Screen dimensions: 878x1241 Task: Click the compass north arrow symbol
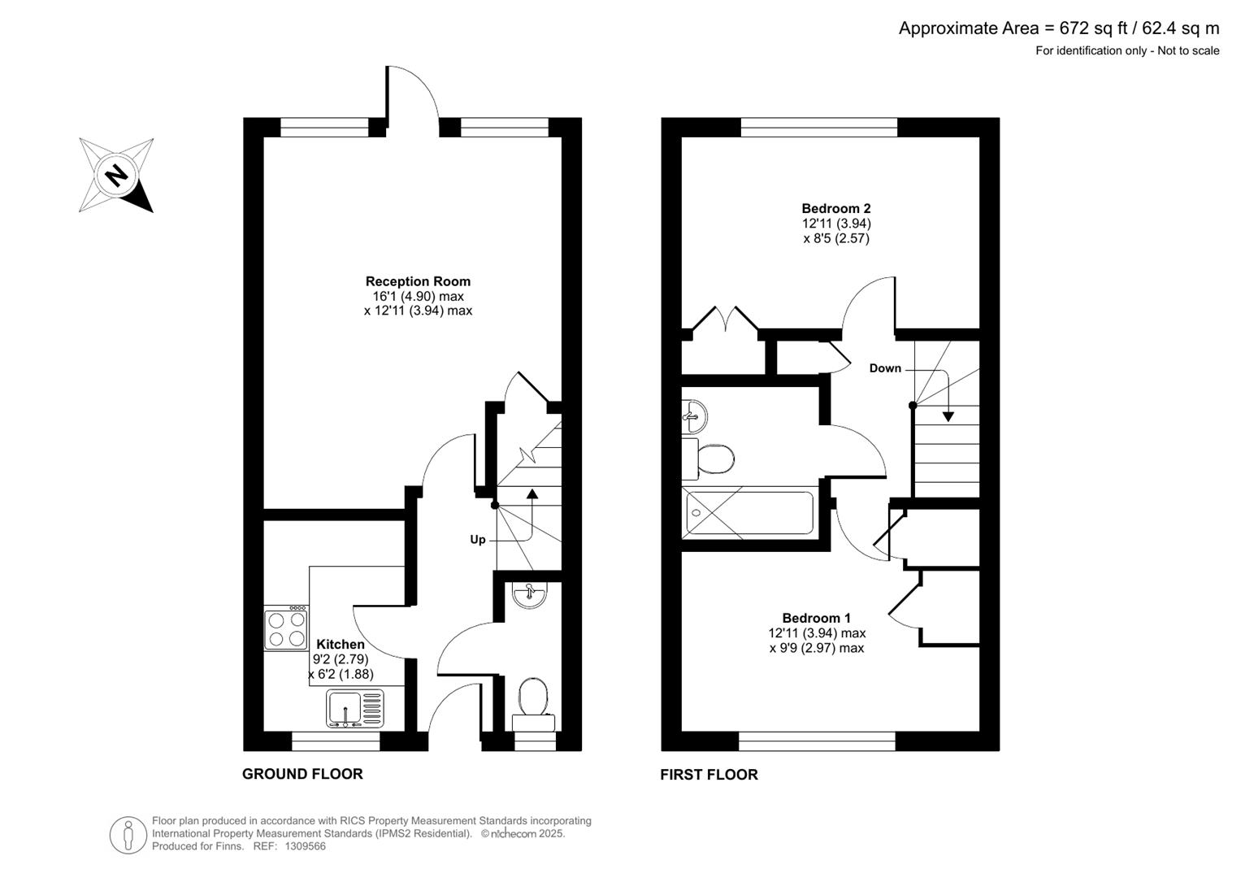tap(116, 176)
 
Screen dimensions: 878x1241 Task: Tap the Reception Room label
tap(418, 281)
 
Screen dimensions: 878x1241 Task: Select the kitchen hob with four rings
tap(286, 628)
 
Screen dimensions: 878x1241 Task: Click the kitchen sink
tap(355, 708)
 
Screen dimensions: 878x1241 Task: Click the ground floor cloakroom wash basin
tap(529, 595)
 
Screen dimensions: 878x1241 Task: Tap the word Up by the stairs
tap(478, 540)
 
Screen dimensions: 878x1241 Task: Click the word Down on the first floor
tap(885, 368)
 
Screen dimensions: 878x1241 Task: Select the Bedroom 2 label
tap(836, 208)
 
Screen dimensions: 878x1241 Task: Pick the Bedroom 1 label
tap(817, 618)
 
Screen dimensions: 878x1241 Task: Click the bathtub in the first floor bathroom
tap(749, 513)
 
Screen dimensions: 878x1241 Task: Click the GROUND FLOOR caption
tap(302, 774)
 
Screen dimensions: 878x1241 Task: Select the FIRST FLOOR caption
tap(709, 775)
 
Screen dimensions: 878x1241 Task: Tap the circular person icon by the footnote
tap(128, 835)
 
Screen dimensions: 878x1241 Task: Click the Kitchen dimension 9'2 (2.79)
tap(341, 659)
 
